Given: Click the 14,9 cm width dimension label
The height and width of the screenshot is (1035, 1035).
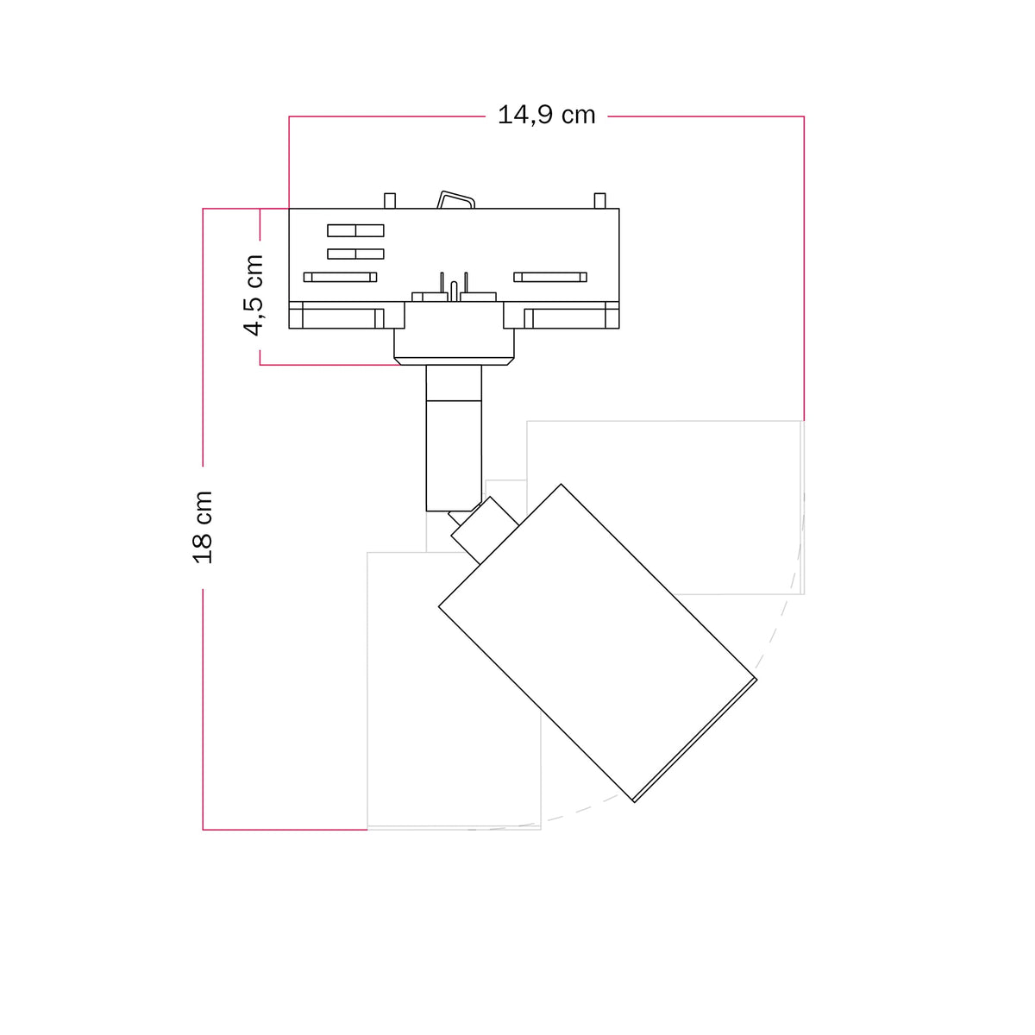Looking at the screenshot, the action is coord(546,116).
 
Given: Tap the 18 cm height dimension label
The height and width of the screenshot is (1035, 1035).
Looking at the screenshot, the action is coord(203,527).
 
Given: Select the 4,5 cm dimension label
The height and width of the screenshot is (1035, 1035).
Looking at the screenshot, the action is coord(254,295).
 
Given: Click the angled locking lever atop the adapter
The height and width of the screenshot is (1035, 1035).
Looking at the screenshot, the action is coord(456,200).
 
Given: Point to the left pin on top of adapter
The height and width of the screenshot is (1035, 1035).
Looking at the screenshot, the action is coord(390,201).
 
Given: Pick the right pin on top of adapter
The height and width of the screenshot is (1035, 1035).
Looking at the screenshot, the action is coord(599,201).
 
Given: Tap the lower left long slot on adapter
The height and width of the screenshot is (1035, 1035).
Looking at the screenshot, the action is coord(340,277).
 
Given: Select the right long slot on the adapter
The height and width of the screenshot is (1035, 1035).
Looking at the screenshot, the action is coord(550,277).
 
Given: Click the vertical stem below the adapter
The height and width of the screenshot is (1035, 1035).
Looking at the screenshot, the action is coord(454,438).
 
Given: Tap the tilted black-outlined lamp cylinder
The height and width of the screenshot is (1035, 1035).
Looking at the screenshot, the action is coord(597,643).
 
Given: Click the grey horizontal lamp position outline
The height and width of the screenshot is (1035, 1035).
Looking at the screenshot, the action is coord(665,507).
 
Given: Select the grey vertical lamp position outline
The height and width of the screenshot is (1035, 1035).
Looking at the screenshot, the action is coord(454,691).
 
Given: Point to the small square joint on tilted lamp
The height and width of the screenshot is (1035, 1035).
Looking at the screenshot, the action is coord(485,530).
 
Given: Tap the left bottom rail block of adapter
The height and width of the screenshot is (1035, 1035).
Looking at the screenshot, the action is coord(347,315).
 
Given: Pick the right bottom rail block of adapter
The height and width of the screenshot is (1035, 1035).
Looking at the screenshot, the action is coord(561,315).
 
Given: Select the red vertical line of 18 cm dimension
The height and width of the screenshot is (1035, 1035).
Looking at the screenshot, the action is coord(203,519).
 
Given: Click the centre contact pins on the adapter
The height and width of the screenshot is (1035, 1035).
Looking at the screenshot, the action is coord(454,287).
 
